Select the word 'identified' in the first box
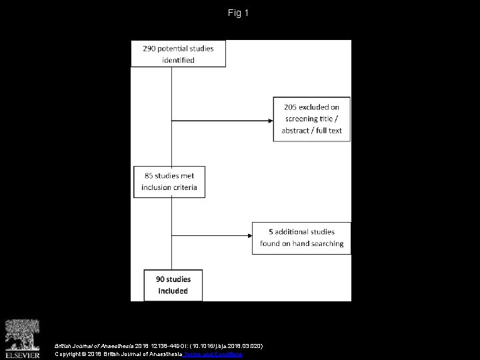point(177,60)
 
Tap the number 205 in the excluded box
point(292,107)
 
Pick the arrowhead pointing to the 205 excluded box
point(270,120)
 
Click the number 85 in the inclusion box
point(149,176)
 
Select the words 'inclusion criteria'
point(169,188)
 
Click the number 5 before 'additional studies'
point(271,231)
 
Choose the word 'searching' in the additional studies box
point(327,243)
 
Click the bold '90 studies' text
point(172,279)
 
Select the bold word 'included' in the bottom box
point(173,291)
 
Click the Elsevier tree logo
point(23,332)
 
